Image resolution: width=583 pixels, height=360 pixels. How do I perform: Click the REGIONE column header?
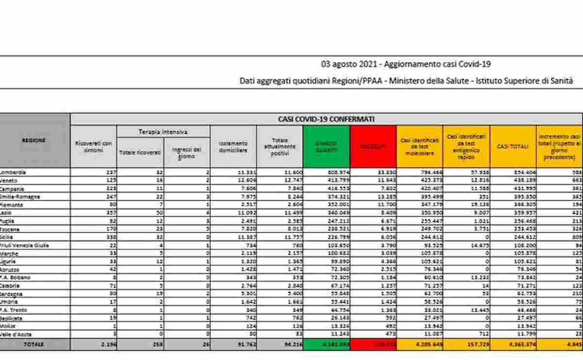(34, 140)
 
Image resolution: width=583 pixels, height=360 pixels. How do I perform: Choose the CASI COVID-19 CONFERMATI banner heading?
(326, 119)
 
